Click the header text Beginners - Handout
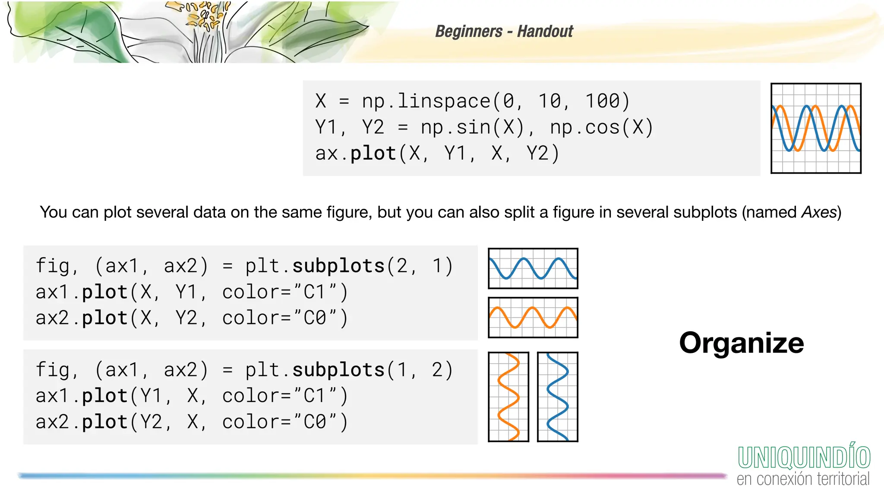(504, 31)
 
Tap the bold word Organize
(741, 343)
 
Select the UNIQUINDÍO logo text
(804, 457)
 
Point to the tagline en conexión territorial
(803, 479)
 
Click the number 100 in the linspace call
(607, 101)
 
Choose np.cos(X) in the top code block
(601, 128)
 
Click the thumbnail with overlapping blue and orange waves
(816, 129)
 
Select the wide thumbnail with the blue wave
(533, 268)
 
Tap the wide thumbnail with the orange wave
(533, 318)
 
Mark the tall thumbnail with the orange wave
(508, 397)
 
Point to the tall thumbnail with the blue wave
(558, 397)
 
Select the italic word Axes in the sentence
(819, 212)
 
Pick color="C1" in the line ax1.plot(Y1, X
(284, 396)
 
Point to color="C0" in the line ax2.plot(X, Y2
(284, 318)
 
